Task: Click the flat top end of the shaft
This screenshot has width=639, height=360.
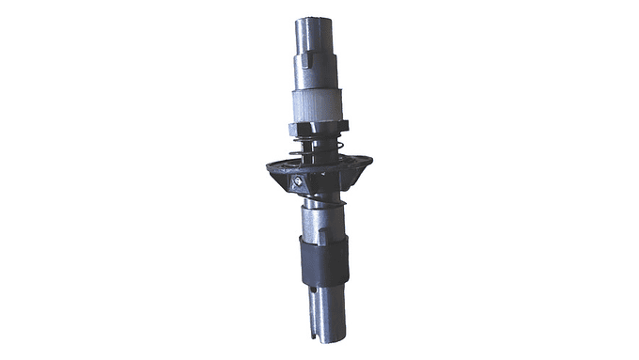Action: pos(317,18)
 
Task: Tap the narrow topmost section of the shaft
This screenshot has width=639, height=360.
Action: pos(317,38)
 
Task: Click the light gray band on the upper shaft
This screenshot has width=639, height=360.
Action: pos(318,105)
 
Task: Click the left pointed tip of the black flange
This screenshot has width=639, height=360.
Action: pos(269,170)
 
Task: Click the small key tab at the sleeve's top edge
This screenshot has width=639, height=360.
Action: pos(321,238)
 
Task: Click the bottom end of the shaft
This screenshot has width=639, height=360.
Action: pos(321,338)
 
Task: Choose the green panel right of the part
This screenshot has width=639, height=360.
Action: pos(508,180)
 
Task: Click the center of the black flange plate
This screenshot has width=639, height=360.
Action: pos(319,169)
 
